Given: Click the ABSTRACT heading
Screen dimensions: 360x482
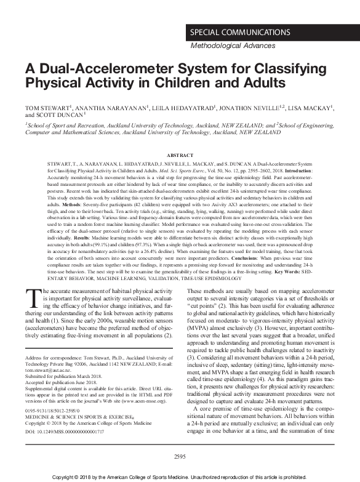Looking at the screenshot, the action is tap(180, 155).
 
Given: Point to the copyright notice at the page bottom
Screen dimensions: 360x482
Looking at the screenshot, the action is tap(180, 476).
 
